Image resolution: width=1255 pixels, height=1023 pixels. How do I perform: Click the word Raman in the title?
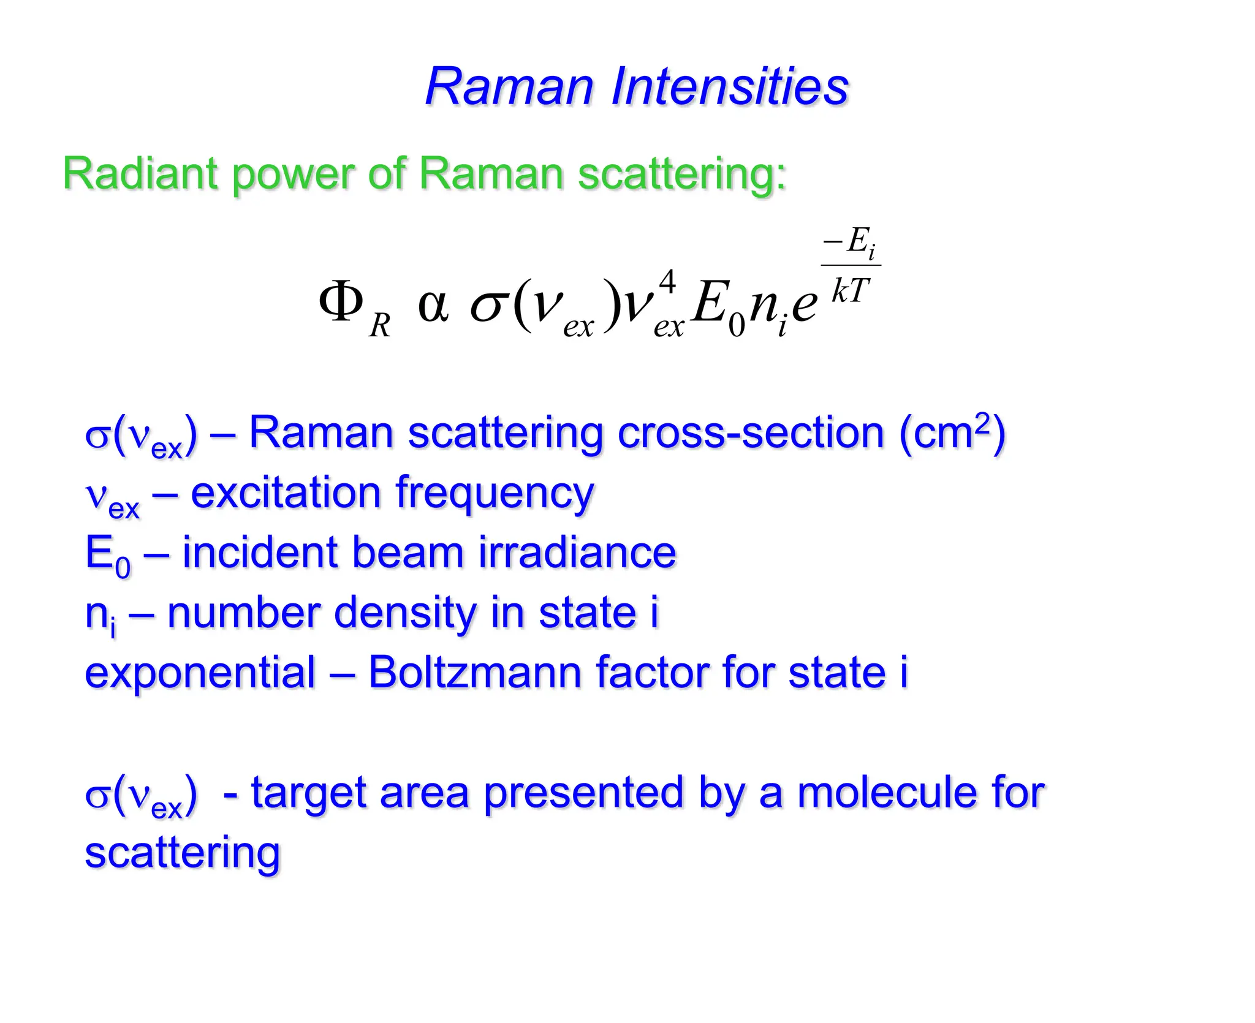tap(510, 87)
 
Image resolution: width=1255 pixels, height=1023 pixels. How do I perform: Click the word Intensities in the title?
tap(729, 87)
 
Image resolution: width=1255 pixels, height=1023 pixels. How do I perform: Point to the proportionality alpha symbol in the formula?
tap(433, 304)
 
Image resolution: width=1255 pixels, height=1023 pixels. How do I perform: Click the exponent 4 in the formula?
tap(667, 282)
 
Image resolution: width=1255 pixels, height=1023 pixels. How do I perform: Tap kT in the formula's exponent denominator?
tap(851, 290)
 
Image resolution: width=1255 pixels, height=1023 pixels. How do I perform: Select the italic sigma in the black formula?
tap(489, 306)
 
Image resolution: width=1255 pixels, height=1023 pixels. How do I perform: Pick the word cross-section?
tap(751, 433)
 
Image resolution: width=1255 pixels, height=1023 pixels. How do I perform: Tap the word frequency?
tap(495, 494)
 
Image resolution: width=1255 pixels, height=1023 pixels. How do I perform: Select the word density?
tap(405, 613)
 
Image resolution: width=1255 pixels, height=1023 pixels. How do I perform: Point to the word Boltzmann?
tap(474, 673)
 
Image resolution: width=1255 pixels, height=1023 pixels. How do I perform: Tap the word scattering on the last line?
tap(183, 853)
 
